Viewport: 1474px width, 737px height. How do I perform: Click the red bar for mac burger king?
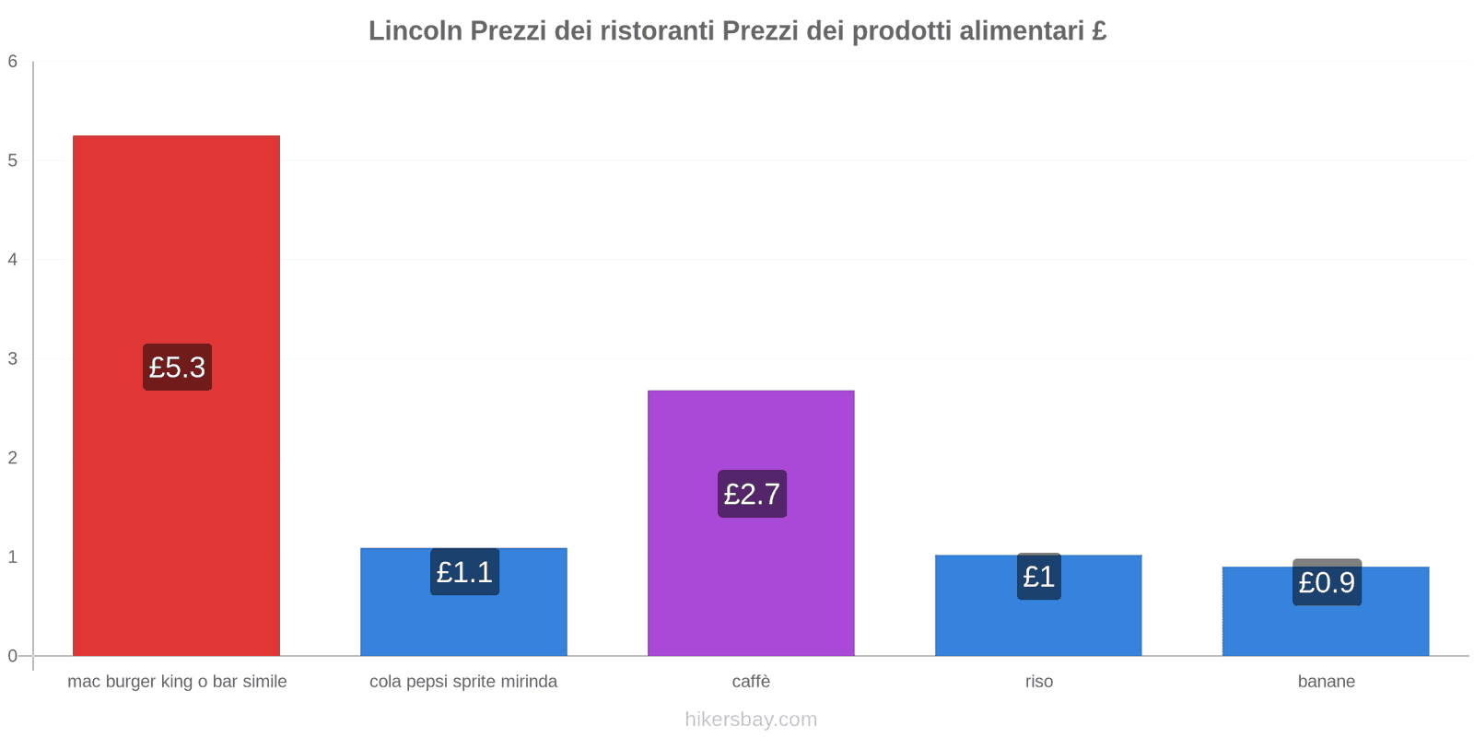tap(176, 395)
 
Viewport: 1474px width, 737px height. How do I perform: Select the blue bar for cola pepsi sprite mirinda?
tap(463, 602)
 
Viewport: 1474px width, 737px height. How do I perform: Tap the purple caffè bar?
tap(751, 523)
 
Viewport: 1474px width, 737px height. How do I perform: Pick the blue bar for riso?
tap(1038, 605)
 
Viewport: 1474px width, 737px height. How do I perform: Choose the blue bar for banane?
tap(1326, 612)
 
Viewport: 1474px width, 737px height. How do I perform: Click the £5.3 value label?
tap(178, 368)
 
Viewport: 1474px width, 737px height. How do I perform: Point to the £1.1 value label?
tap(464, 572)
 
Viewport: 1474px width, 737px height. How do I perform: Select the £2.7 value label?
tap(752, 494)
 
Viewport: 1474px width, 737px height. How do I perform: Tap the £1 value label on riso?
tap(1039, 577)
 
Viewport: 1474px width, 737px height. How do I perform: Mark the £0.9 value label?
tap(1328, 582)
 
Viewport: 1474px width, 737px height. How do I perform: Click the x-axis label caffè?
tap(751, 681)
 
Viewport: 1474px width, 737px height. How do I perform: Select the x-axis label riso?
tap(1039, 681)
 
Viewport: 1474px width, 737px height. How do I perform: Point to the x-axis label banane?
tap(1327, 681)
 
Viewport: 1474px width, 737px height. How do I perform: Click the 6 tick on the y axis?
tap(13, 61)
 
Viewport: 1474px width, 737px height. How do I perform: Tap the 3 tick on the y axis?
tap(13, 358)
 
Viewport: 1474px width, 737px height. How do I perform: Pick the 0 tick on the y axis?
tap(13, 655)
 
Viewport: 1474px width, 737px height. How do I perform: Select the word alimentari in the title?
tap(1021, 30)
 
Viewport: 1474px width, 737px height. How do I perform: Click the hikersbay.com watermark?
tap(751, 719)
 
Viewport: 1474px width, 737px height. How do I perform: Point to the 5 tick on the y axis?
tap(13, 160)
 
